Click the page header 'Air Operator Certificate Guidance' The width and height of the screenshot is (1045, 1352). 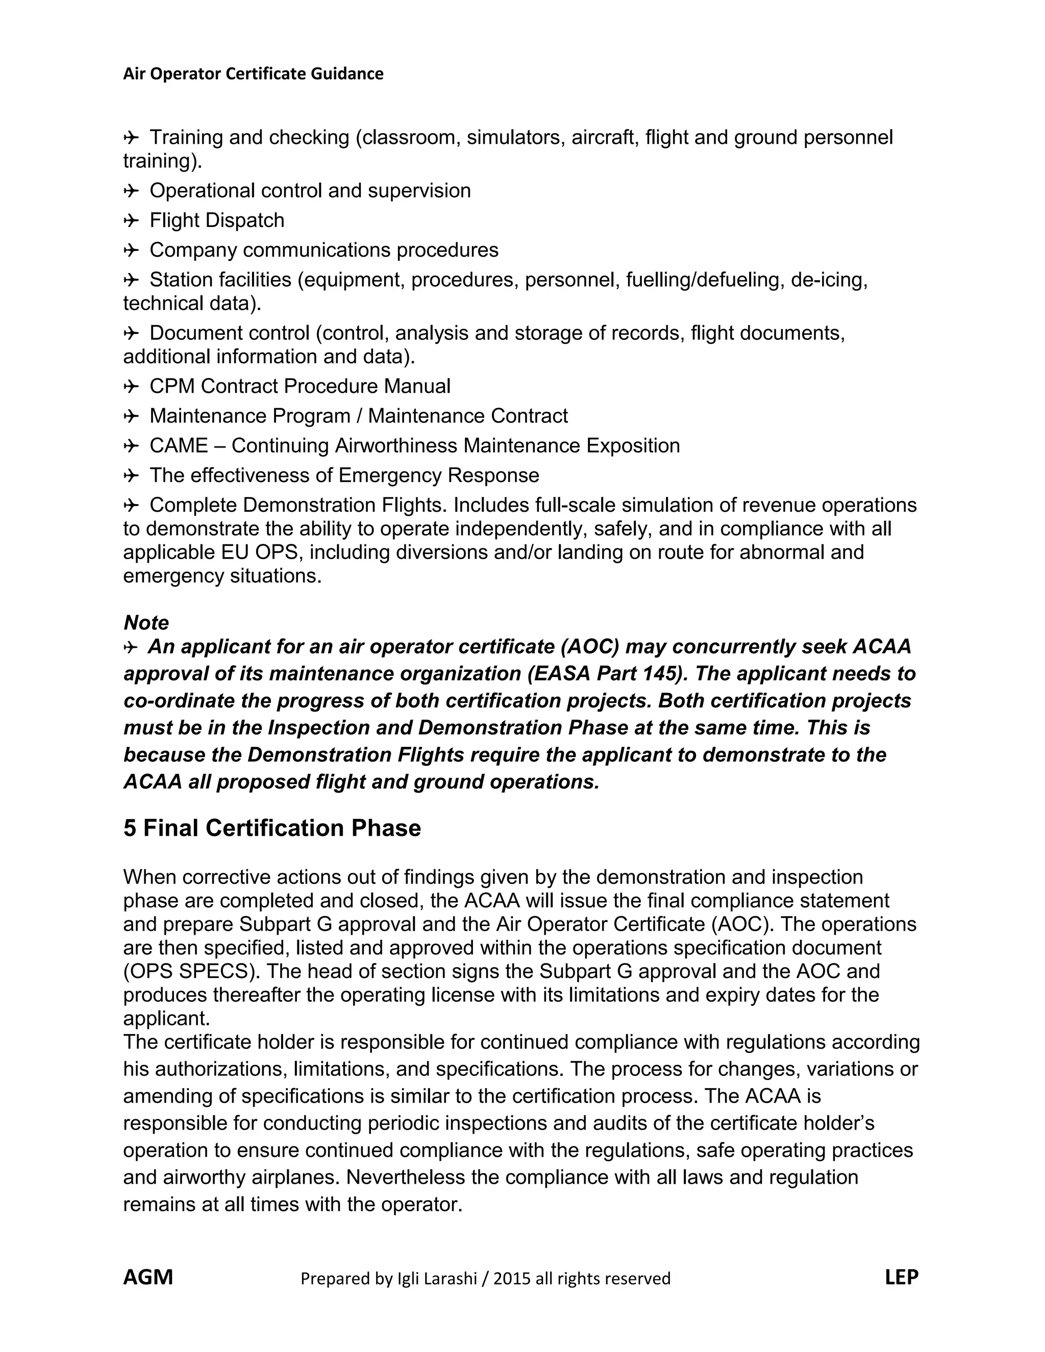pos(253,73)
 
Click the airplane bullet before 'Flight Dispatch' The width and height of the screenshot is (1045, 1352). pos(131,220)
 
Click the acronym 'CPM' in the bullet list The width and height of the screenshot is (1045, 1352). pos(173,386)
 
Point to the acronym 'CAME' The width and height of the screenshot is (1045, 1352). pos(179,446)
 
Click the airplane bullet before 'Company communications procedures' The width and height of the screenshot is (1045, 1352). pos(131,250)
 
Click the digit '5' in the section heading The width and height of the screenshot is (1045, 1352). pos(130,828)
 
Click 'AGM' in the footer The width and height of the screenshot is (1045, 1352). pos(148,1277)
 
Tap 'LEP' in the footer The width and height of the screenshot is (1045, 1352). pos(902,1277)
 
